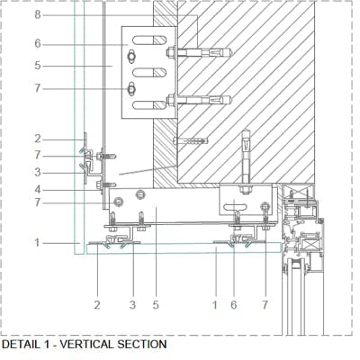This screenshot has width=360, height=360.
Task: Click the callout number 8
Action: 38,14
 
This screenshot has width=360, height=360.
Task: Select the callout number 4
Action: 38,190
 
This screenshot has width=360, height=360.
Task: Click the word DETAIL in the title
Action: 21,344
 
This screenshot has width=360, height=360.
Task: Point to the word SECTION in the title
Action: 142,344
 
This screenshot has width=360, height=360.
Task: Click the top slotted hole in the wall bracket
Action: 149,40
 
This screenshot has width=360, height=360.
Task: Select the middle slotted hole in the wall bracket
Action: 149,72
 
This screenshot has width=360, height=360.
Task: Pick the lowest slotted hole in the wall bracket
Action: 149,105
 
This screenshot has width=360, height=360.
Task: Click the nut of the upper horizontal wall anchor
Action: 171,53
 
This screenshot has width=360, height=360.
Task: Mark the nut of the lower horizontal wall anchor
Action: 171,100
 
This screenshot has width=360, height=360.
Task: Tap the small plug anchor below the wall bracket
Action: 191,140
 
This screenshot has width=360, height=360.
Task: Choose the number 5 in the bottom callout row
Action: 156,305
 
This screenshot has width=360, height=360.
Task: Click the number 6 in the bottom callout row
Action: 234,305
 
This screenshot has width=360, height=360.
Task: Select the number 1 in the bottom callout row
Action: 215,305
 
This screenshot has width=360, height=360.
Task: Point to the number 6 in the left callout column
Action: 38,43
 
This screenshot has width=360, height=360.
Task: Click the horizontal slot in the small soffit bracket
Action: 235,206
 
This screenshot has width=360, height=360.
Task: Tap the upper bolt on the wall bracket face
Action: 131,57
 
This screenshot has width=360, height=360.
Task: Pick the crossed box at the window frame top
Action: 298,191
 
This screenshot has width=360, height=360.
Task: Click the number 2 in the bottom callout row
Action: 97,305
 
